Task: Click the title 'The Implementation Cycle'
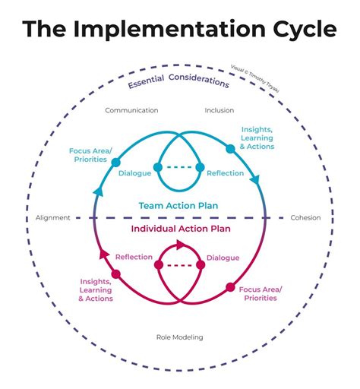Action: coord(180,29)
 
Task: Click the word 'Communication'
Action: coord(131,110)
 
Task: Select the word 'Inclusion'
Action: coord(219,110)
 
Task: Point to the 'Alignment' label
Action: coord(52,218)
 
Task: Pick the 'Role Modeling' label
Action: coord(181,337)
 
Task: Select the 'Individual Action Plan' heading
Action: coord(180,228)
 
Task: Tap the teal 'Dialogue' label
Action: coord(134,173)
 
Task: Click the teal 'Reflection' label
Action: coord(225,173)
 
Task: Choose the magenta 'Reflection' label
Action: coord(134,258)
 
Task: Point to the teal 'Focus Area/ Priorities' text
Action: coord(90,156)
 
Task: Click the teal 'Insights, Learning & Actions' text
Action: coord(257,138)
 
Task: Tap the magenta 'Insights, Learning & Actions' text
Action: coord(96,290)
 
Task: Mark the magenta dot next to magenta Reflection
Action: coord(159,265)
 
